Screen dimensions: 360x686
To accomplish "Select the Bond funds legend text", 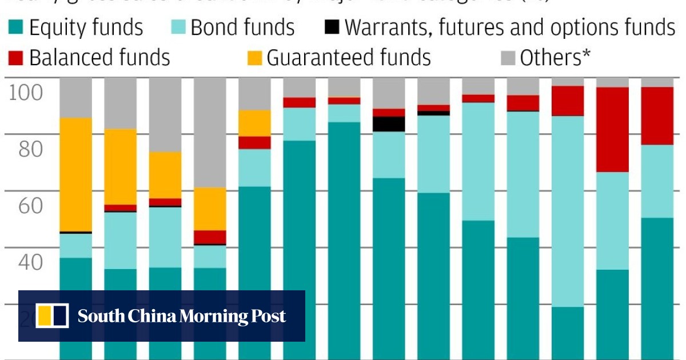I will point(242,27).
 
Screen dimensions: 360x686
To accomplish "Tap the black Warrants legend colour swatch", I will point(332,27).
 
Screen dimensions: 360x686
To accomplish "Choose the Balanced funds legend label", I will point(99,58).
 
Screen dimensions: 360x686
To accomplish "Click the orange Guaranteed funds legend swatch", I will point(254,58).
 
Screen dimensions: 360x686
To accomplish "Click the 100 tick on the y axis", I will point(26,92).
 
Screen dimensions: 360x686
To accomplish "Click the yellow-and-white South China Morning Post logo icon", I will point(52,316).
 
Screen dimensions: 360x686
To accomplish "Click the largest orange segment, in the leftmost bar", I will point(75,174).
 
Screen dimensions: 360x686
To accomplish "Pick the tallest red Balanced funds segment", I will point(612,130).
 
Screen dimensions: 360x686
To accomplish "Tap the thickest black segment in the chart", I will point(389,124).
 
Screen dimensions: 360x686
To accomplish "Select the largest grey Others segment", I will point(210,133).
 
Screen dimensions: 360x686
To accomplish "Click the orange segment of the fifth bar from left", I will point(254,123).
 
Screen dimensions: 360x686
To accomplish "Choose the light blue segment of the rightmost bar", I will point(657,181).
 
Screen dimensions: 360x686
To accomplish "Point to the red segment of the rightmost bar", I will point(657,116).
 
